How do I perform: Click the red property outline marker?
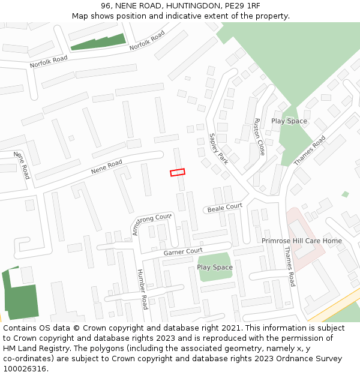(178, 172)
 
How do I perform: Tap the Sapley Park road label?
(218, 149)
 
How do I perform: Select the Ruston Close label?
(259, 137)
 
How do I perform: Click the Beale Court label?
(225, 208)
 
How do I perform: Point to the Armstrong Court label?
(152, 223)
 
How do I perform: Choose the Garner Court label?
(183, 252)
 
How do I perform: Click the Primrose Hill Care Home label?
(301, 241)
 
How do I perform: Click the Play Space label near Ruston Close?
(289, 121)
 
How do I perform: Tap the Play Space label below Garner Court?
(214, 267)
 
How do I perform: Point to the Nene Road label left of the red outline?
(107, 167)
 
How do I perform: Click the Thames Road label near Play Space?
(310, 151)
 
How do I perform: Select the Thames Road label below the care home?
(289, 266)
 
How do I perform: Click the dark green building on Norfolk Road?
(98, 41)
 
